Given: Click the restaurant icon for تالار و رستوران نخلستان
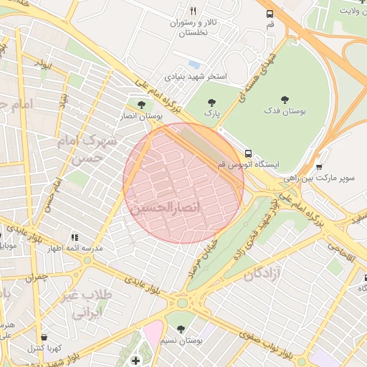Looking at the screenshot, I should click(193, 11).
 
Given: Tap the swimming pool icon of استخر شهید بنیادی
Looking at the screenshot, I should click(195, 65).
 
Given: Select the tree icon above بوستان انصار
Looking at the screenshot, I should click(140, 104).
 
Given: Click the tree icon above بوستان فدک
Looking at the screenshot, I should click(285, 100).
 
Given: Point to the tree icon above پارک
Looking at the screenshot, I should click(211, 102).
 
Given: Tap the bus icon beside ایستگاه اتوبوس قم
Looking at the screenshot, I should click(248, 153).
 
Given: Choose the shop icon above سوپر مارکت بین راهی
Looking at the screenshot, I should click(319, 166).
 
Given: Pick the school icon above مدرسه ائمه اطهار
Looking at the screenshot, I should click(75, 237).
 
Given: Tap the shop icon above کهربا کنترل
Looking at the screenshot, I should click(45, 337).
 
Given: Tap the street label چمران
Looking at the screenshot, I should click(34, 277).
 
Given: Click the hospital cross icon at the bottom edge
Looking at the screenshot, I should click(136, 360).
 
